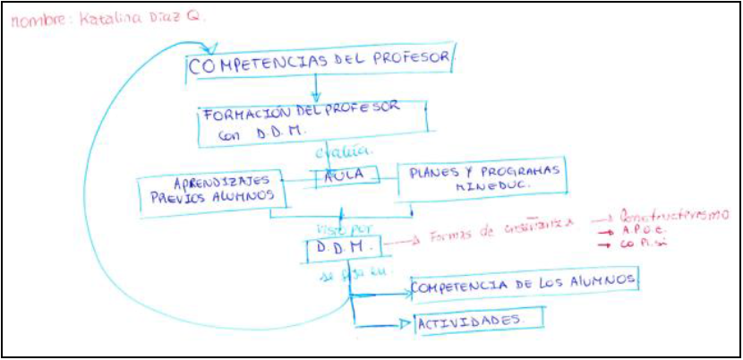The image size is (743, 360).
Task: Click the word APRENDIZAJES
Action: coord(206,180)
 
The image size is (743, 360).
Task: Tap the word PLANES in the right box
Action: coord(434,172)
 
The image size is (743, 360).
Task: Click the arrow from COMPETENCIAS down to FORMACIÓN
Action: coord(316,88)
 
